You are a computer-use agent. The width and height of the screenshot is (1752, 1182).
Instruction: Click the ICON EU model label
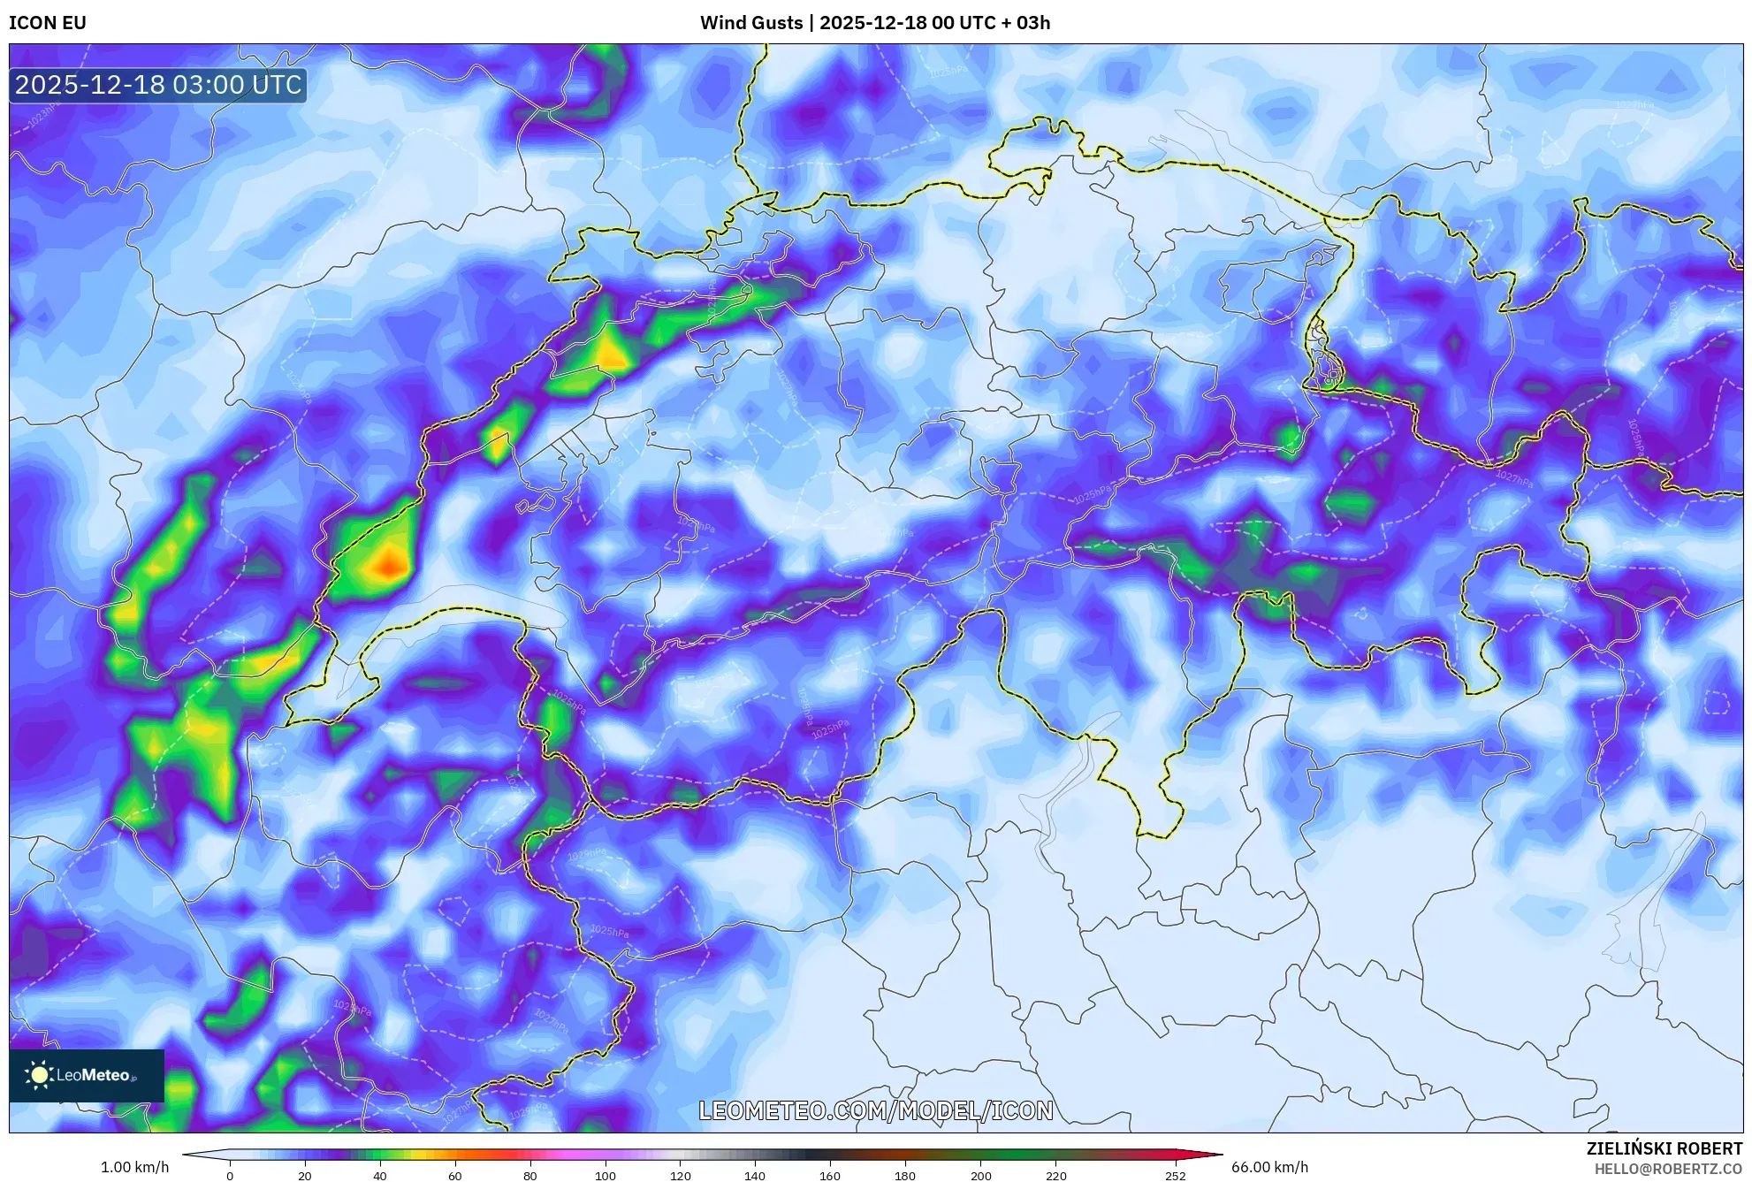(48, 23)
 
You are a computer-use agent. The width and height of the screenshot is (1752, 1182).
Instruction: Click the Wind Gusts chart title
(874, 23)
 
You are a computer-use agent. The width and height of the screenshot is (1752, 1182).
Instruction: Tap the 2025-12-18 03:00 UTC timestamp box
(158, 85)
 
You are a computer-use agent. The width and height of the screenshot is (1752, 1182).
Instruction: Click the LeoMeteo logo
(87, 1075)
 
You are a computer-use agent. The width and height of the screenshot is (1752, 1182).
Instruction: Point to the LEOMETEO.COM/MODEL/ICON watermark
(876, 1110)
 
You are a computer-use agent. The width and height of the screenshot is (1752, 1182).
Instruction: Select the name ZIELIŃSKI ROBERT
(1664, 1148)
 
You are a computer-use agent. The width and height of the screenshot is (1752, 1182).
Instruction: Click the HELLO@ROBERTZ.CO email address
(1668, 1169)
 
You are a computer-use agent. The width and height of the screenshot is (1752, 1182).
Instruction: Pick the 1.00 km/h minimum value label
(134, 1167)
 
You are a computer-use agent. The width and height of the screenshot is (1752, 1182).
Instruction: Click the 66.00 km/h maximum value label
(1269, 1167)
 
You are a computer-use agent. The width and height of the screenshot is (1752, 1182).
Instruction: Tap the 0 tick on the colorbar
(230, 1176)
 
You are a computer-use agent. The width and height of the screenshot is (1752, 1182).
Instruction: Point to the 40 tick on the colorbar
(380, 1176)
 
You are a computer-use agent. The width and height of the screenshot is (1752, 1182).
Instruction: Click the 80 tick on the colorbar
(530, 1176)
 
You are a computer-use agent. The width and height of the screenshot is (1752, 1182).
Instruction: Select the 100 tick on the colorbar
(606, 1176)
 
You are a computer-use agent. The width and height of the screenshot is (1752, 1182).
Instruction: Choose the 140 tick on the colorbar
(755, 1176)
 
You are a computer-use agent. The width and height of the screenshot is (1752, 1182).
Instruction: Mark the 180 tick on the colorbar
(905, 1176)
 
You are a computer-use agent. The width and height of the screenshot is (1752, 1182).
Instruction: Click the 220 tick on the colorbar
(1055, 1176)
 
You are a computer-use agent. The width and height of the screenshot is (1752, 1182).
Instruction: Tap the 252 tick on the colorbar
(1176, 1176)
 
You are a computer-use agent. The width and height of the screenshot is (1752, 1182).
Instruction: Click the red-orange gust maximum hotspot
(388, 564)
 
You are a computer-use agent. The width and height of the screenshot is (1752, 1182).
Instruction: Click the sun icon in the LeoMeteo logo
(39, 1075)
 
